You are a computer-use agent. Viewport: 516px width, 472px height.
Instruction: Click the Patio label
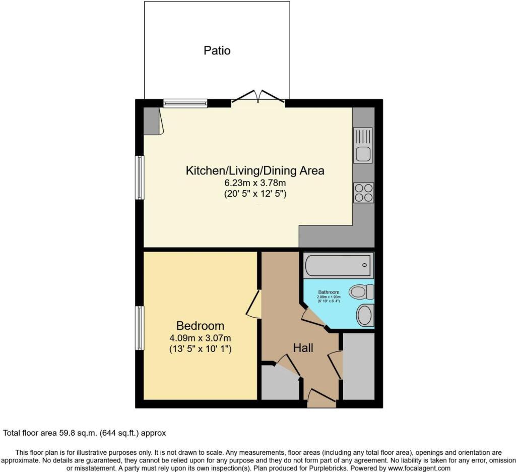217,50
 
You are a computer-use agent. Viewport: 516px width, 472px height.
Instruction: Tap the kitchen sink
363,145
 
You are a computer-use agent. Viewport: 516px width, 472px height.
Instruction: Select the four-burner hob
363,193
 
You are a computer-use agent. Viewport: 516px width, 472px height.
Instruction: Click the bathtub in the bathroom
338,265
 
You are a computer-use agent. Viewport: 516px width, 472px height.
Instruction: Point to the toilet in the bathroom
362,291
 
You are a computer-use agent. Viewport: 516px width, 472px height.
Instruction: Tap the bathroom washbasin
364,316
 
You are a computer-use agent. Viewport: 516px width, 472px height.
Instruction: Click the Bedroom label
200,325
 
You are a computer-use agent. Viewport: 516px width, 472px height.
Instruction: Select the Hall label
303,348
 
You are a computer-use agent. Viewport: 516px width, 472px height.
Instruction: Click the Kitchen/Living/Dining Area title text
255,170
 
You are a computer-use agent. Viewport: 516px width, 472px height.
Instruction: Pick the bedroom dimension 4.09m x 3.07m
200,338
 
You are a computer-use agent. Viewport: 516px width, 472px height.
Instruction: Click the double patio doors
259,97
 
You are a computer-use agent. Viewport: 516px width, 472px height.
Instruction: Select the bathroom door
312,317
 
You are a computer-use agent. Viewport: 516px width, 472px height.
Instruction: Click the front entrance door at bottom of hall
321,398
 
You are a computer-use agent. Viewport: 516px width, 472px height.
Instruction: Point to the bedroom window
140,327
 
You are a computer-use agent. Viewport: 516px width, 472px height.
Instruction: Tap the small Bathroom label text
329,292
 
